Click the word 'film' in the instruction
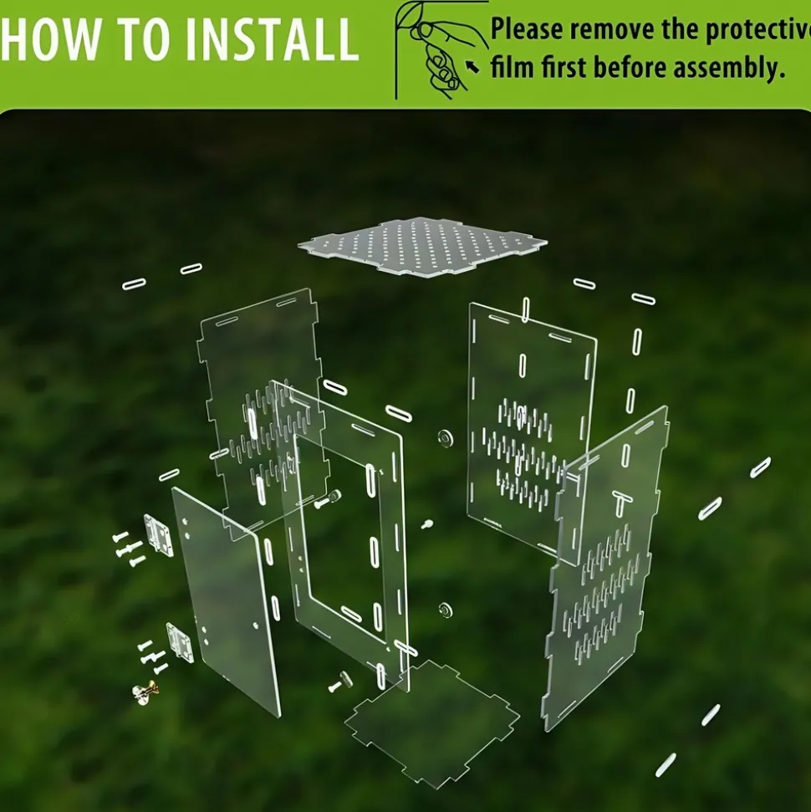(x=513, y=68)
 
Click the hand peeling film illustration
(x=441, y=50)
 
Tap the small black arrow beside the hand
(x=472, y=67)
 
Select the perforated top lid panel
(x=422, y=247)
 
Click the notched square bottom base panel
(x=432, y=721)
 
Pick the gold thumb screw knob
(x=145, y=692)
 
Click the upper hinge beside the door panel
(x=159, y=535)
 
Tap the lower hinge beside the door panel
(x=179, y=642)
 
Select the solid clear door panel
(x=227, y=600)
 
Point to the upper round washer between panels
(x=444, y=438)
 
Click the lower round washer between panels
(x=444, y=610)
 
